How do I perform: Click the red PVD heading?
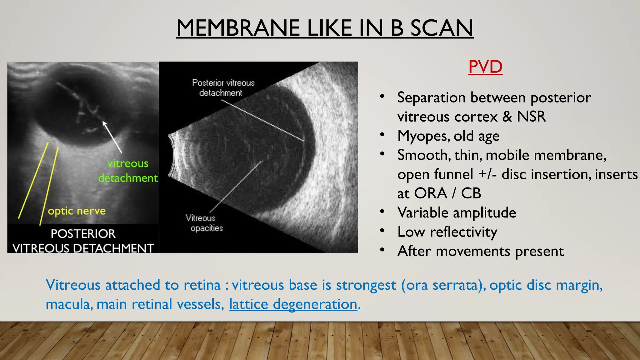coord(485,67)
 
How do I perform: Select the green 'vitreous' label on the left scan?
coord(127,163)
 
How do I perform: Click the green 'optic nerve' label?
coord(77,211)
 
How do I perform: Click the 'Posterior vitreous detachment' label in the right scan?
coord(223,87)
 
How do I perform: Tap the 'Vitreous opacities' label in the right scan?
coord(204,223)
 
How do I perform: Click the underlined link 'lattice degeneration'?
coord(293,304)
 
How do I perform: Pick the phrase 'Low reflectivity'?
coord(447,232)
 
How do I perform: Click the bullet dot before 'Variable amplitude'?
coord(382,212)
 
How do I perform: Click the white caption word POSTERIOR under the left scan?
coord(83,234)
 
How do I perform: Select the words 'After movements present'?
coord(480,251)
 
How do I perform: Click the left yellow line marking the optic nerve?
coord(33,181)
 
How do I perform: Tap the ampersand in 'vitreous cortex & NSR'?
coord(507,117)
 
